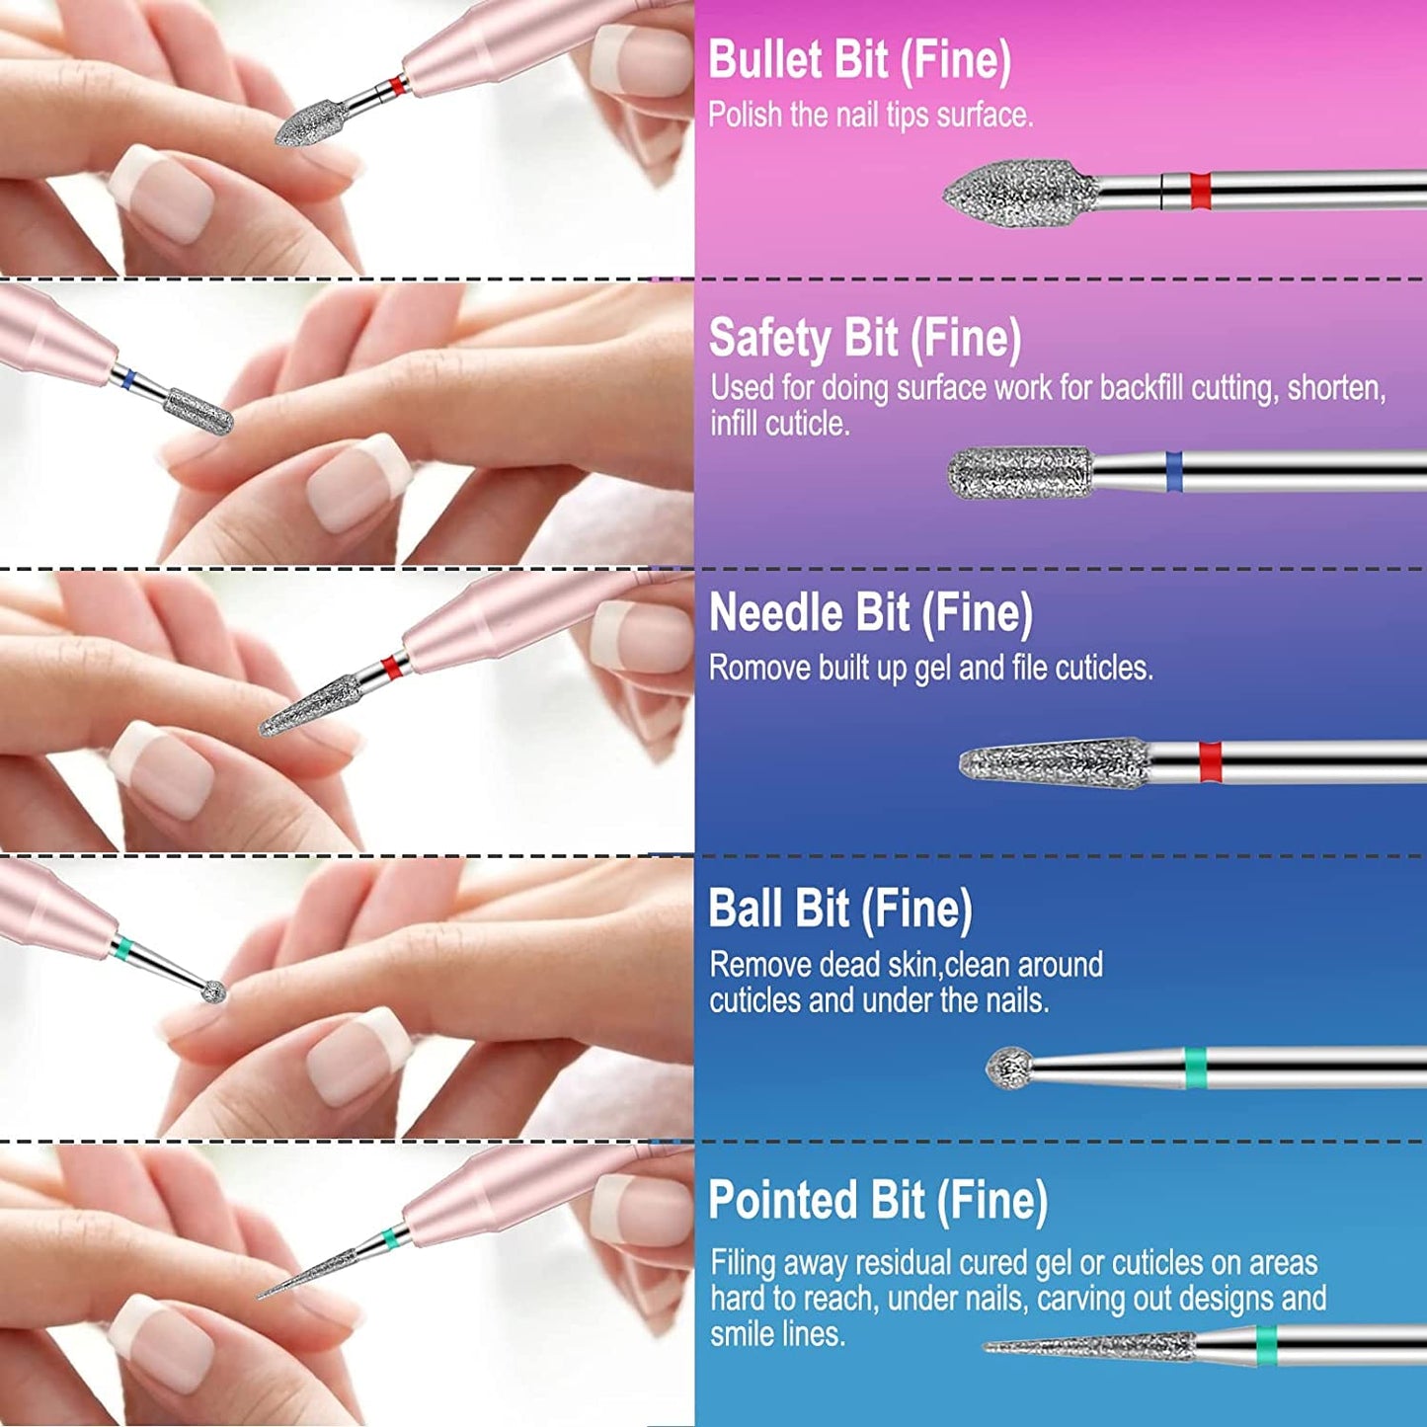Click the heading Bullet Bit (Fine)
tap(859, 61)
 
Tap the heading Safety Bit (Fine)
tap(864, 339)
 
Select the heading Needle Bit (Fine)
tap(870, 613)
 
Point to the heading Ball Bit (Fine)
tap(839, 909)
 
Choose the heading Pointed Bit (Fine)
tap(877, 1201)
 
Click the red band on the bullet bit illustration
tap(1200, 191)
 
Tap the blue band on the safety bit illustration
tap(1174, 471)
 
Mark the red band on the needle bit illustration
tap(1210, 761)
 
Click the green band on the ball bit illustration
tap(1195, 1068)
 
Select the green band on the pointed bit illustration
tap(1266, 1345)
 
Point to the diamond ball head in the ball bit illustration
tap(1010, 1068)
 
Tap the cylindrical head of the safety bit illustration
tap(1020, 472)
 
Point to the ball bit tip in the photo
tap(214, 991)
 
